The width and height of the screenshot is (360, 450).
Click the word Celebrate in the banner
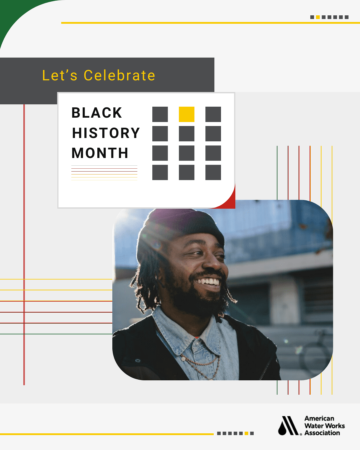click(x=119, y=75)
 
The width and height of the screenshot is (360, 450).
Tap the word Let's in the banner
click(x=60, y=75)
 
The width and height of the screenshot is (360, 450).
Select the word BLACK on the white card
click(x=97, y=113)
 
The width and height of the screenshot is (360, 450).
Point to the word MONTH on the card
click(x=100, y=153)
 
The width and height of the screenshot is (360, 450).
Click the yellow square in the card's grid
click(x=187, y=114)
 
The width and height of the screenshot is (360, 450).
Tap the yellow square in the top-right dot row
click(x=318, y=17)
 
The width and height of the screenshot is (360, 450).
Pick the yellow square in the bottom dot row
click(x=246, y=433)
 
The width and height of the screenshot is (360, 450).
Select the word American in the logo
click(x=319, y=418)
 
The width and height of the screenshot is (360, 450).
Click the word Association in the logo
click(x=322, y=433)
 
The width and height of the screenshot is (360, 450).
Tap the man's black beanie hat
click(x=180, y=226)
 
